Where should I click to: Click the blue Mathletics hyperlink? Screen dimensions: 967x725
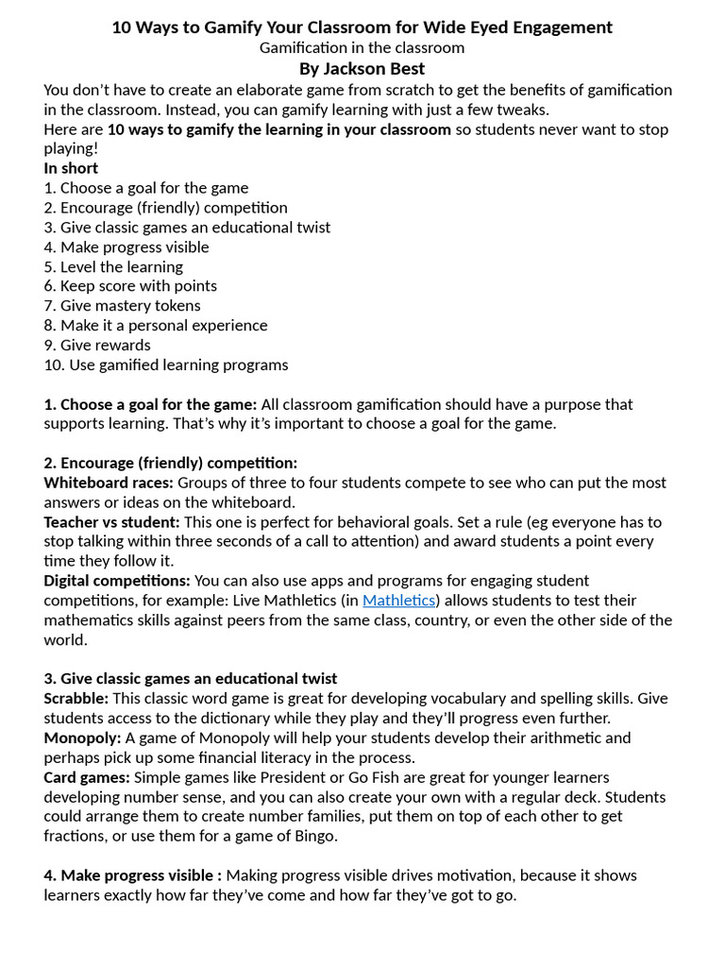click(398, 601)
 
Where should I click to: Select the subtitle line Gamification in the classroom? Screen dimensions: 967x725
click(362, 47)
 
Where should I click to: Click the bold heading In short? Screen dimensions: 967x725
click(71, 168)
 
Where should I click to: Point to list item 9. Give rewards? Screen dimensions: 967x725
click(97, 345)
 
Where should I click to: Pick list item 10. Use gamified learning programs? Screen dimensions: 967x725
click(166, 365)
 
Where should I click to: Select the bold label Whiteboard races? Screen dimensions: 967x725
click(109, 483)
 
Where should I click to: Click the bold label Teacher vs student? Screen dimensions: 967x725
click(111, 522)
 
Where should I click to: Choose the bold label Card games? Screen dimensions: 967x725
click(87, 777)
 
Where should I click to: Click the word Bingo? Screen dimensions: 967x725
click(315, 836)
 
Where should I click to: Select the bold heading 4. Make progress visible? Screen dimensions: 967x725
click(132, 875)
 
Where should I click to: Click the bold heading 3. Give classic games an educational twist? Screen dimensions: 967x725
click(190, 679)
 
